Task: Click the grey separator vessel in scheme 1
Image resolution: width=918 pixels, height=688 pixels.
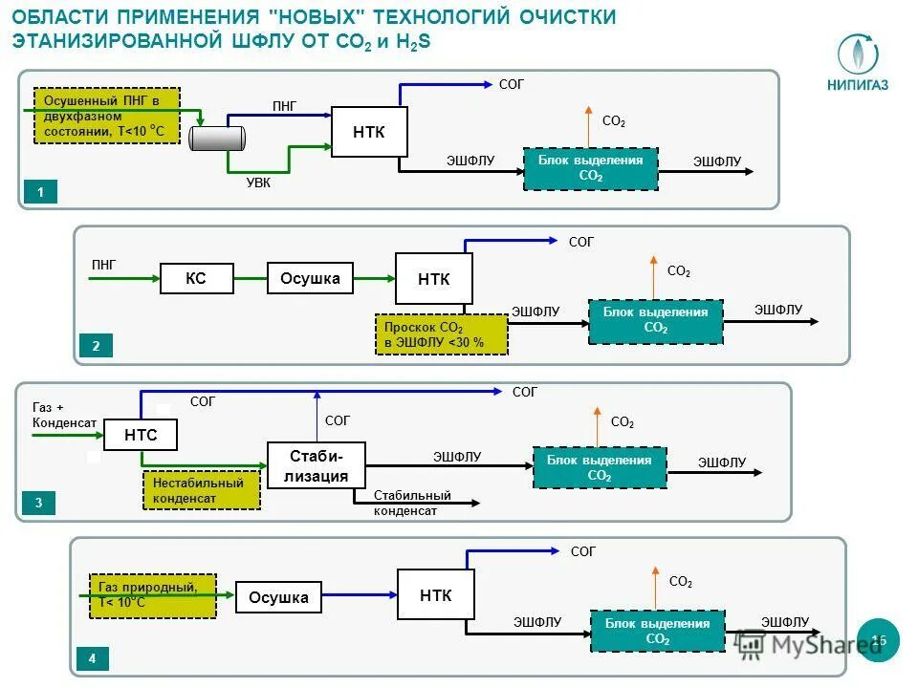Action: [217, 138]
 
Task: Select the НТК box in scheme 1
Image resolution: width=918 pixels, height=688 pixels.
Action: [369, 132]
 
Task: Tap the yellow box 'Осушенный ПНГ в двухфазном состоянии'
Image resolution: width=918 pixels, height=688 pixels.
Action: [106, 116]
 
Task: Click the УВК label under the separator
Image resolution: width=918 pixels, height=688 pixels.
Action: [260, 183]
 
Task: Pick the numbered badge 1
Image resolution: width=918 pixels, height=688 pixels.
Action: [40, 193]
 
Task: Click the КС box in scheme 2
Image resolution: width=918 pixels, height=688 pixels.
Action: [196, 278]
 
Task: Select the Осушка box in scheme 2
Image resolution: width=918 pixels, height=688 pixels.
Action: [310, 278]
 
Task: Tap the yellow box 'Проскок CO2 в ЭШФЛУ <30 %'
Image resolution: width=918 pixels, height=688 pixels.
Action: [441, 334]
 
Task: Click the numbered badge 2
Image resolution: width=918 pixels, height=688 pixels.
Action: [96, 346]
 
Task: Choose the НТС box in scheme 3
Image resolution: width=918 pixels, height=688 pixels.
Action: [141, 436]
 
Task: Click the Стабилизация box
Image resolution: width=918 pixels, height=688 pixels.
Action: [316, 464]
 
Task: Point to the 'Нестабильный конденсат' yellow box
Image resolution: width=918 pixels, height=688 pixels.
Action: [200, 490]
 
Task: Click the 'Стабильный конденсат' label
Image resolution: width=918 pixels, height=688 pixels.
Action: [412, 503]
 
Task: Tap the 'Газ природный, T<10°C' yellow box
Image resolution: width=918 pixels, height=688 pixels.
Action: [152, 594]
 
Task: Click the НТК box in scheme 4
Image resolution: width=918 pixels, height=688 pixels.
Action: [435, 595]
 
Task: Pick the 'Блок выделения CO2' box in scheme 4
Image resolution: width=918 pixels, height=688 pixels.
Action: [657, 631]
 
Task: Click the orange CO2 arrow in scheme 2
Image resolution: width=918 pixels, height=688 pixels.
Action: [653, 277]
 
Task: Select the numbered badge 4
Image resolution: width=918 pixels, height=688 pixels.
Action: [92, 658]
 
